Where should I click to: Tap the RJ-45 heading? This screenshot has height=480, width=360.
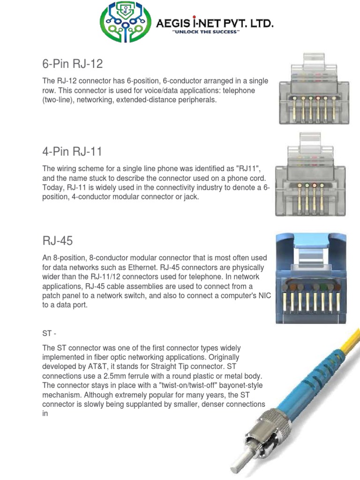[57, 241]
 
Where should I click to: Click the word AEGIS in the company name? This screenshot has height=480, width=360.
[183, 22]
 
